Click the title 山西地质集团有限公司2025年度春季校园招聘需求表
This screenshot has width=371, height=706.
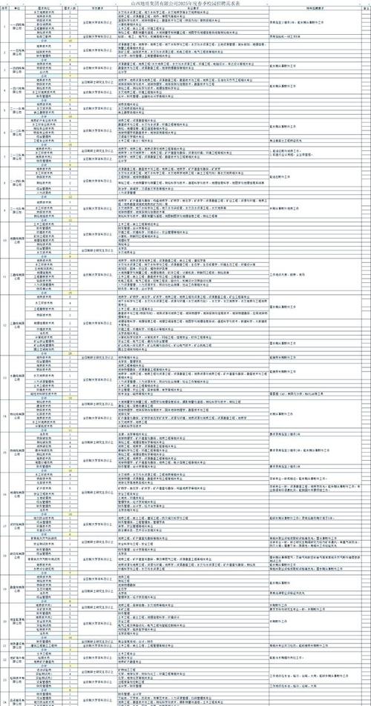(x=185, y=3)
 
